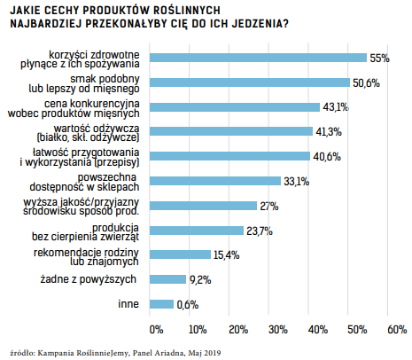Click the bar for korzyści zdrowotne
pyautogui.click(x=258, y=58)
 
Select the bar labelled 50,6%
pyautogui.click(x=250, y=82)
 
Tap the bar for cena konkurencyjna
pyautogui.click(x=235, y=107)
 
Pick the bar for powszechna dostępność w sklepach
pyautogui.click(x=215, y=181)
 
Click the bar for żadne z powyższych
pyautogui.click(x=167, y=279)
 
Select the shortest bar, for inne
pyautogui.click(x=161, y=304)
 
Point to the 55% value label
pyautogui.click(x=380, y=59)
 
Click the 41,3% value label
pyautogui.click(x=329, y=132)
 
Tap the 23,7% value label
pyautogui.click(x=260, y=231)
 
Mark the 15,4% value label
pyautogui.click(x=227, y=255)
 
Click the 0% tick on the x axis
pyautogui.click(x=156, y=329)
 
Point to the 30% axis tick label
pyautogui.click(x=278, y=329)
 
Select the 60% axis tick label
pyautogui.click(x=397, y=329)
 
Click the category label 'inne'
pyautogui.click(x=128, y=304)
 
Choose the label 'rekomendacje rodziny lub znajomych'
pyautogui.click(x=86, y=257)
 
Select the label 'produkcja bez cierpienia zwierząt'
pyautogui.click(x=86, y=232)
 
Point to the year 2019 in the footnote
pyautogui.click(x=213, y=353)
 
